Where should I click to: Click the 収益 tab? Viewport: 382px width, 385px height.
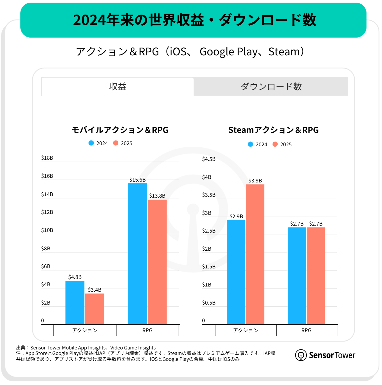118,87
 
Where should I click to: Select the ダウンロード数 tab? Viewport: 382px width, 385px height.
271,87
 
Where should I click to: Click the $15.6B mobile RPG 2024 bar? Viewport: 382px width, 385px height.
137,254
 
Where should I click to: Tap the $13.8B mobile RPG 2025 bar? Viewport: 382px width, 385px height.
157,262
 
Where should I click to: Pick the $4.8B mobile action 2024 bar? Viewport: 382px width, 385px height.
75,303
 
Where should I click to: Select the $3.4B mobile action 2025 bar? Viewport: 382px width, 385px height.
94,309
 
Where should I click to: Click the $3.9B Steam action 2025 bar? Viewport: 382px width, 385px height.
255,254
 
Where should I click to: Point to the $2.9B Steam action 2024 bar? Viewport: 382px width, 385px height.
236,272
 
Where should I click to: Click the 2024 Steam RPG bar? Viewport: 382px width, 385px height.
297,276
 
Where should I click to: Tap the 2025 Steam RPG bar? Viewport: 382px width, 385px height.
316,276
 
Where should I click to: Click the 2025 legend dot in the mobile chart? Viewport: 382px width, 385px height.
116,143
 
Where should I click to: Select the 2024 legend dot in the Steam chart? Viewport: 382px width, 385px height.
250,144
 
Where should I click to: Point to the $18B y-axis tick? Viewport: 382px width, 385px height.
47,158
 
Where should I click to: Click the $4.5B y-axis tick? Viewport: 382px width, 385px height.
209,159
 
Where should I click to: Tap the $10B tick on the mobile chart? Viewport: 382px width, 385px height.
47,230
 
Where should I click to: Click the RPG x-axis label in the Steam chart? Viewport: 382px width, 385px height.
306,330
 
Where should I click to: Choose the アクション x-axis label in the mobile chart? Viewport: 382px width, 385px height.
85,330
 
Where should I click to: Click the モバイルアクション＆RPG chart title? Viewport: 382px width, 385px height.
120,130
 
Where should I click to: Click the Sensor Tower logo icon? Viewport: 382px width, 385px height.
301,355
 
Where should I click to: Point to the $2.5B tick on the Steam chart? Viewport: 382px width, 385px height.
209,231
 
